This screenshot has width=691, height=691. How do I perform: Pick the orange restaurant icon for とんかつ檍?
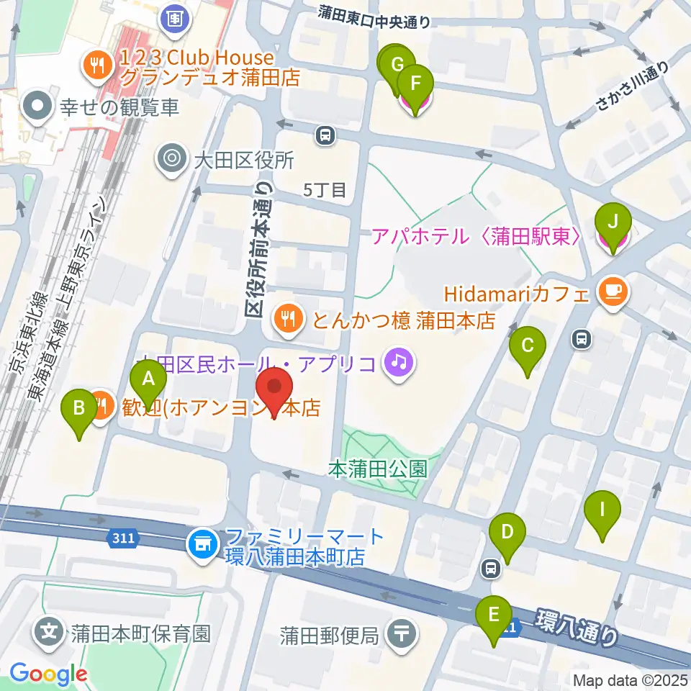pyautogui.click(x=288, y=319)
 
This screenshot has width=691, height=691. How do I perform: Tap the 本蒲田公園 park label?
pyautogui.click(x=378, y=469)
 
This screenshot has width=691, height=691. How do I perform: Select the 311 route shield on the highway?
pyautogui.click(x=122, y=538)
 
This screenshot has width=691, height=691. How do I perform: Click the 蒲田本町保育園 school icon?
pyautogui.click(x=50, y=633)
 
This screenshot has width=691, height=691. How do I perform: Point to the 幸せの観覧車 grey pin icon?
pyautogui.click(x=37, y=108)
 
